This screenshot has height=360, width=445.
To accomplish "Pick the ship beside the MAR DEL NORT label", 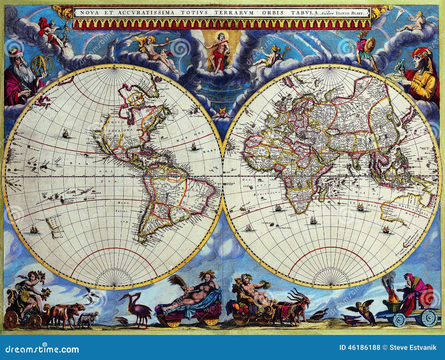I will [x=194, y=147].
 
